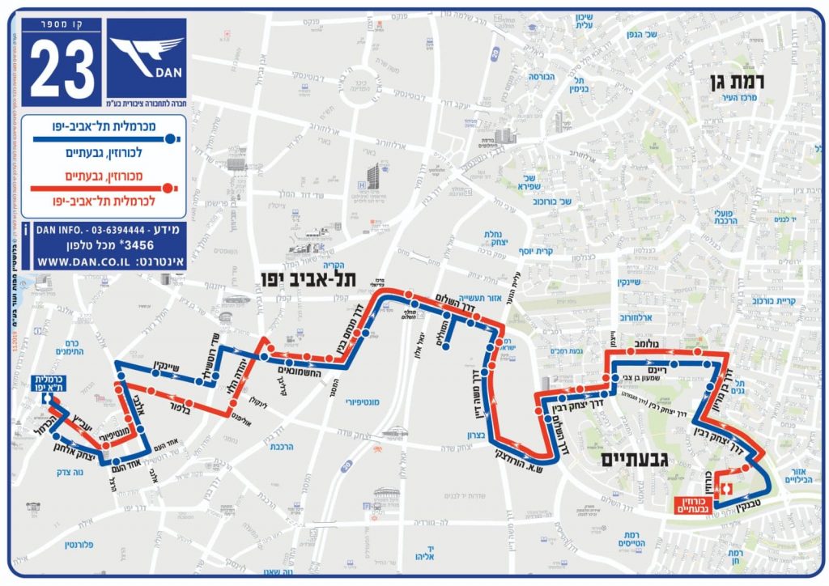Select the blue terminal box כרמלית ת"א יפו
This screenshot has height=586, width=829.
(x=49, y=384)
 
